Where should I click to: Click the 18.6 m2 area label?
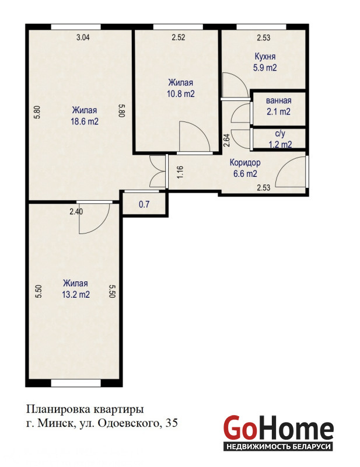coord(85,121)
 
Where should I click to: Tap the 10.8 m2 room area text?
coord(181,94)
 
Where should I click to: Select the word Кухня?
coord(265,56)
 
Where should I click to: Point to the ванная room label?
coord(279,100)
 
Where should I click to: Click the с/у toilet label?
coord(280,134)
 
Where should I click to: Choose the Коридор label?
coord(245,163)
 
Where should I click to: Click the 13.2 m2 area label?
coord(76,295)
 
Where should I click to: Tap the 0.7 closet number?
coord(144,205)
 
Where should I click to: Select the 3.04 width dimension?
coord(83,37)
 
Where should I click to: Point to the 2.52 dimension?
coord(179,37)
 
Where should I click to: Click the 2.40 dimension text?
coord(76,212)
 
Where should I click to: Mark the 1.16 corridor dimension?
coord(180,172)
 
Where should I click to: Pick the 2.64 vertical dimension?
coord(226,140)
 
